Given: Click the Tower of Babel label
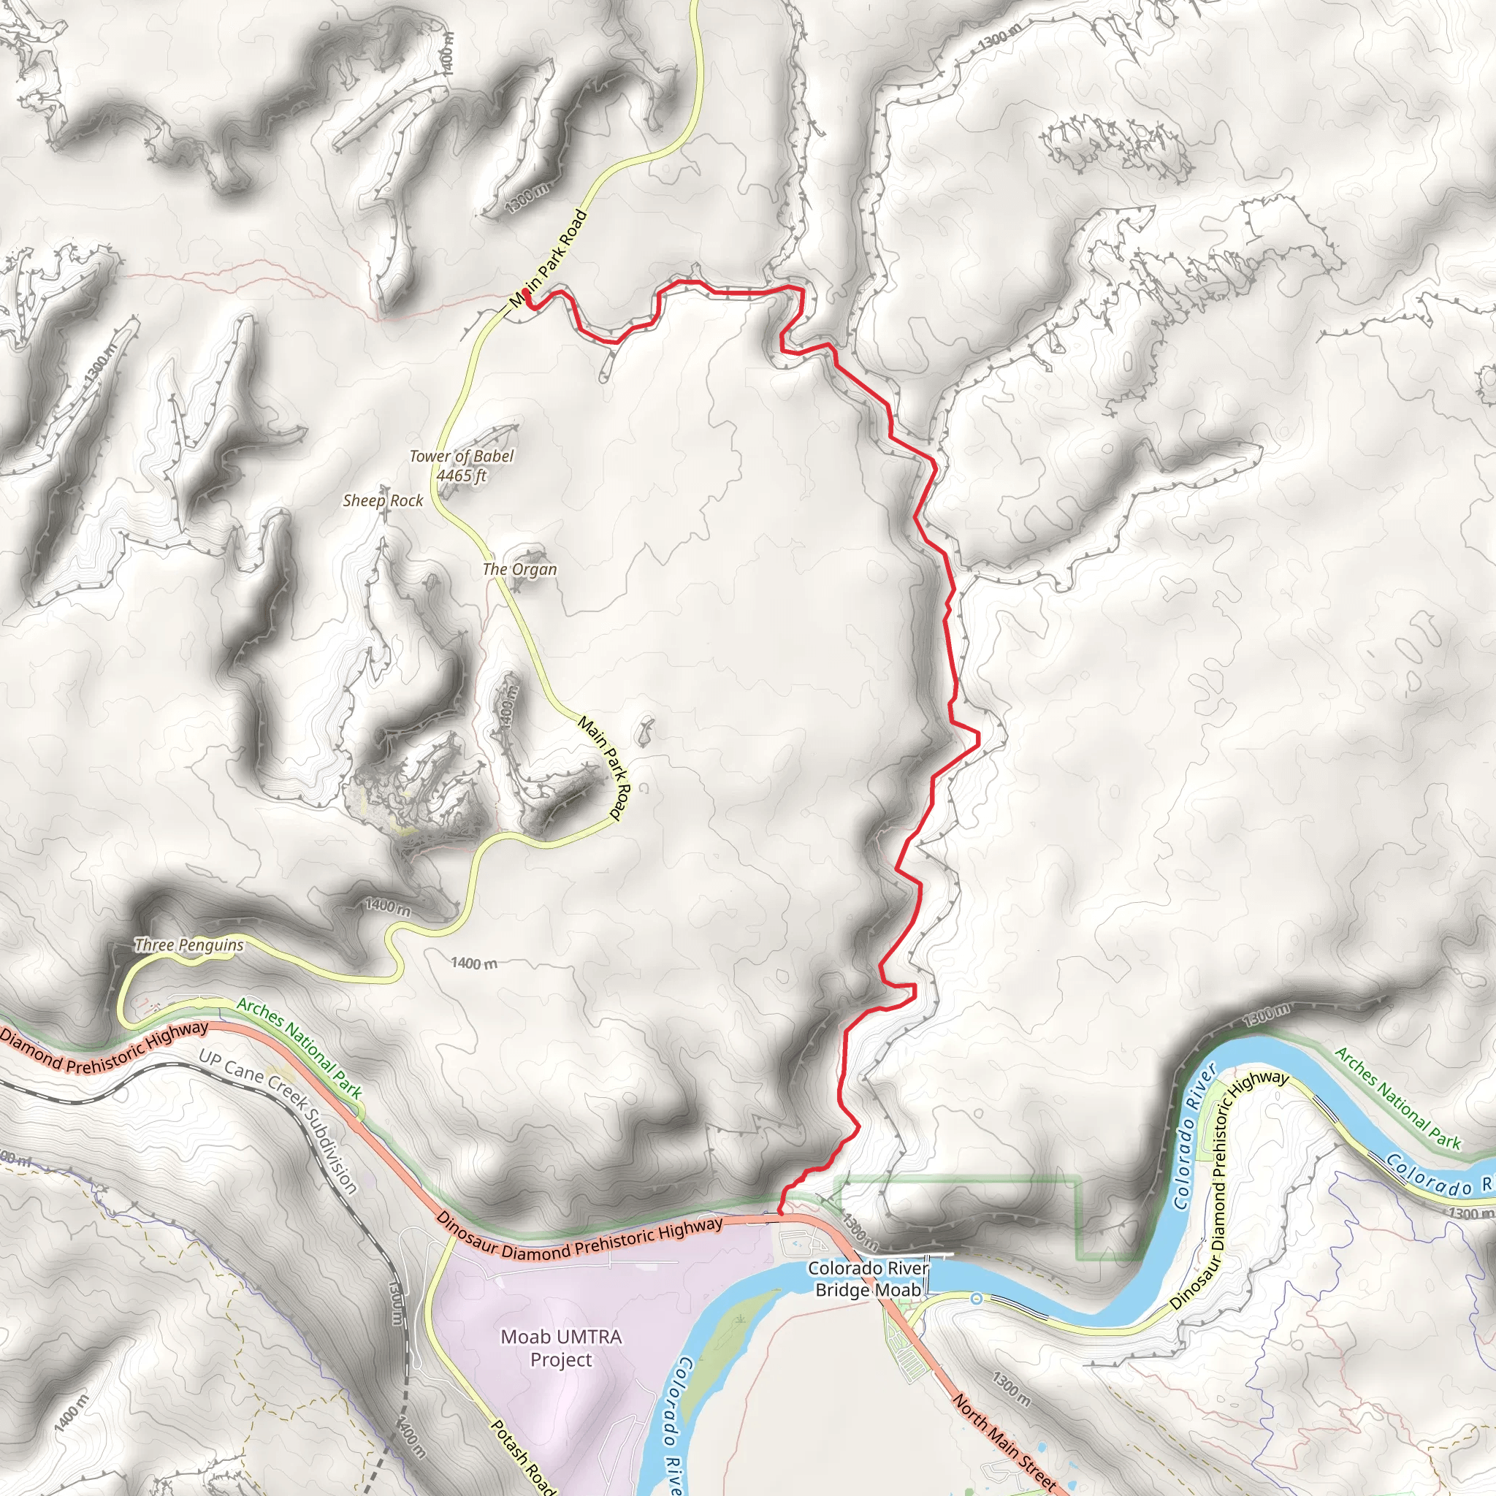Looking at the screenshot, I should click(x=462, y=457).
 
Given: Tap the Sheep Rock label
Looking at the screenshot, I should click(x=383, y=501).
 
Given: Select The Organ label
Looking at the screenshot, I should click(x=519, y=570).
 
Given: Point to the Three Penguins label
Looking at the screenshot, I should click(x=189, y=944).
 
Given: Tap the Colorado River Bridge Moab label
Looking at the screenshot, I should click(x=867, y=1279).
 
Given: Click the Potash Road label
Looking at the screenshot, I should click(x=524, y=1457).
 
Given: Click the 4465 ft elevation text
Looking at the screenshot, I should click(x=462, y=476).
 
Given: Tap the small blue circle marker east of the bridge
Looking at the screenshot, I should click(x=977, y=1299).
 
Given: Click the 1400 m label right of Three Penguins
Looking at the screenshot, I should click(x=474, y=963).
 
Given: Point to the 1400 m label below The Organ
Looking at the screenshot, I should click(x=507, y=701).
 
